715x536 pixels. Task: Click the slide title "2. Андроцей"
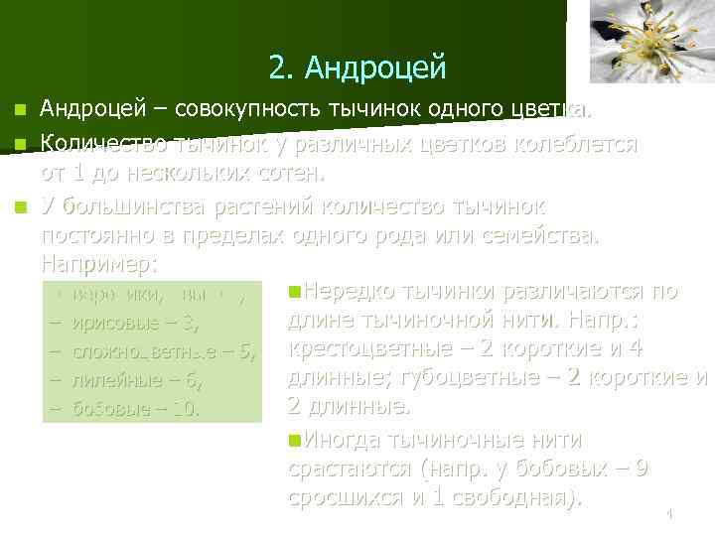(x=357, y=67)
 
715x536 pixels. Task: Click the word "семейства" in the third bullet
(x=536, y=238)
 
